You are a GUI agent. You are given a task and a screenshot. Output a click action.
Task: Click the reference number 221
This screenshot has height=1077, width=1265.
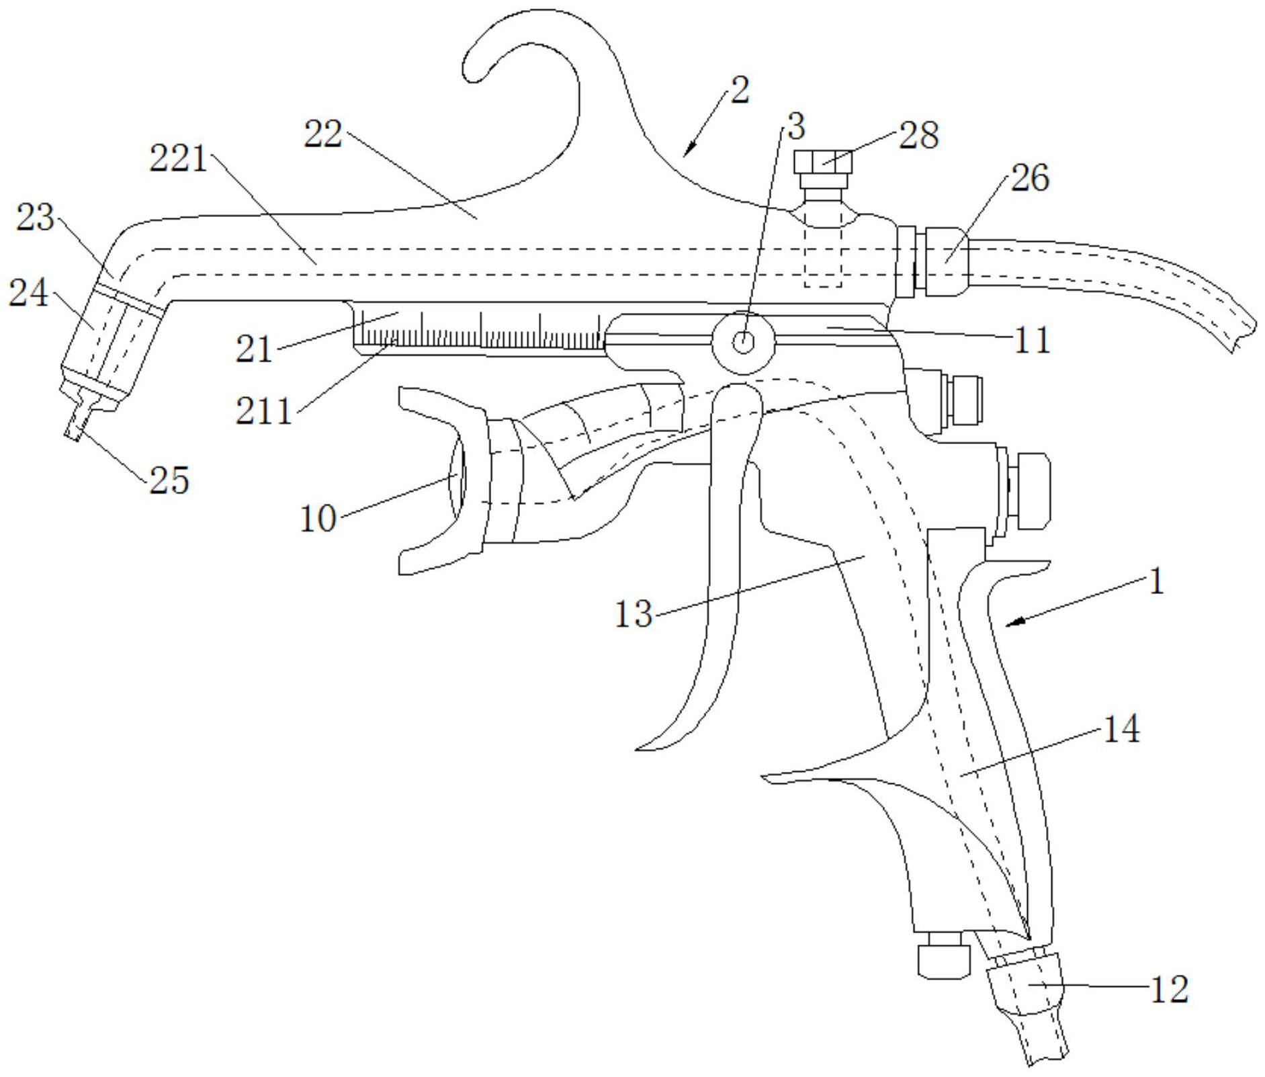coord(179,159)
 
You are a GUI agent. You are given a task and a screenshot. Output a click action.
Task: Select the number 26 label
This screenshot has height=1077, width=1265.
coord(1029,178)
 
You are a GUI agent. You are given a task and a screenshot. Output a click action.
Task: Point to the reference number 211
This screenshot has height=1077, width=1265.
coord(264,411)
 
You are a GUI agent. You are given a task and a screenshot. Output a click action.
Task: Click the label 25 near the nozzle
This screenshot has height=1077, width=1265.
coord(169,480)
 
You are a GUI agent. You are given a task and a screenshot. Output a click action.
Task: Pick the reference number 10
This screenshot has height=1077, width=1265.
coord(318,519)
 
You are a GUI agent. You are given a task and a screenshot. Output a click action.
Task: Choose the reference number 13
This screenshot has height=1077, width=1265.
coord(634,613)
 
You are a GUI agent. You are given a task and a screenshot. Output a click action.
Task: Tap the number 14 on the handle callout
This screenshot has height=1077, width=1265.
coord(1121,729)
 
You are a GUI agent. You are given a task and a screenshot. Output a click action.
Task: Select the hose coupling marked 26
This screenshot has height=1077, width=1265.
coord(946,261)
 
